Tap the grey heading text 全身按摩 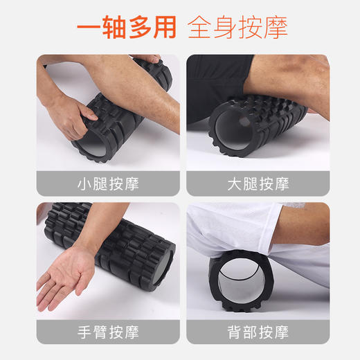click(x=237, y=26)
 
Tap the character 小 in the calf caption click(x=84, y=184)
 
